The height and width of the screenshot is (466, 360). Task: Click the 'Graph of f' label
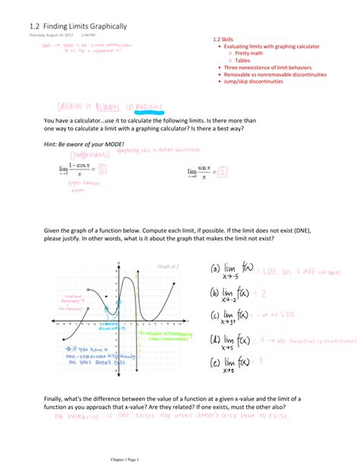point(168,266)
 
